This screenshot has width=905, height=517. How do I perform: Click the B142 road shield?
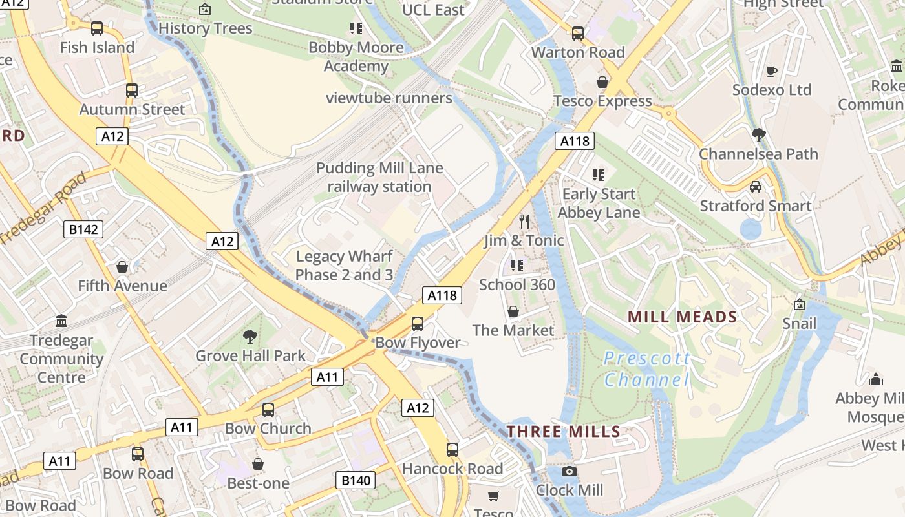click(84, 229)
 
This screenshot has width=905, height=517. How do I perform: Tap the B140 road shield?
click(356, 480)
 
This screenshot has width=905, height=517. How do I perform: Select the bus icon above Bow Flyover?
click(418, 323)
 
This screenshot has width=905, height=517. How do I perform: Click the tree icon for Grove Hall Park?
click(250, 337)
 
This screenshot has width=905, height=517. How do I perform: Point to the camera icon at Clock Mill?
click(569, 471)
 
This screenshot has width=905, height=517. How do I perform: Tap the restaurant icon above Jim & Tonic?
click(524, 222)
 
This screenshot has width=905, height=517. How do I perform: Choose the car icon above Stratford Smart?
click(755, 187)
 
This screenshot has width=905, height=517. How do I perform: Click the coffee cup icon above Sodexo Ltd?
click(771, 71)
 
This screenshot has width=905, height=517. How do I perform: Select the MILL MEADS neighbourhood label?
click(683, 317)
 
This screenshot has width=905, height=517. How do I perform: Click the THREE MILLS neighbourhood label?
click(564, 432)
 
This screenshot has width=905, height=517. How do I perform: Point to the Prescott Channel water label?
click(647, 368)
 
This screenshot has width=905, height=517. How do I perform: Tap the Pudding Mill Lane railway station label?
click(379, 178)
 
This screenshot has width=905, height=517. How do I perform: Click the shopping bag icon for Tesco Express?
click(602, 82)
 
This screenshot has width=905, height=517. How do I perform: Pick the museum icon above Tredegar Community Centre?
click(61, 321)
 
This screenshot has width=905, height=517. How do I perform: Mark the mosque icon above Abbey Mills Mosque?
click(876, 379)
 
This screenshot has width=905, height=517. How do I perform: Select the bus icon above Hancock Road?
click(452, 450)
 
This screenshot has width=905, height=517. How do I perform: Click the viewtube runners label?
click(389, 98)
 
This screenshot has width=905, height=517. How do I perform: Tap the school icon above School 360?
click(516, 266)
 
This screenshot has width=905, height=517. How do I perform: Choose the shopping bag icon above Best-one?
click(258, 464)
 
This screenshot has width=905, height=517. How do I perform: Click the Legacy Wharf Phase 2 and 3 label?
click(344, 266)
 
